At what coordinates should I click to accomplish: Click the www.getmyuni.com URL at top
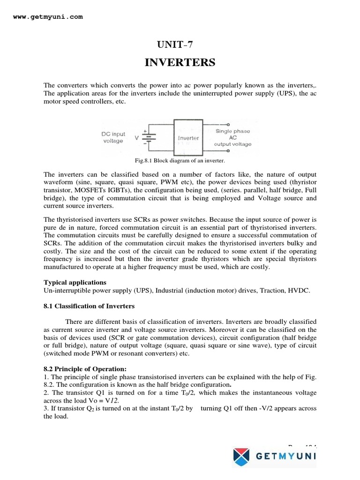point(48,17)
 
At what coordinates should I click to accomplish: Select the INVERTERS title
point(180,62)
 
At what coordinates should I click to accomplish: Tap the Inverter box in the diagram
point(188,138)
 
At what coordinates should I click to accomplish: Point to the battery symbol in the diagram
point(149,138)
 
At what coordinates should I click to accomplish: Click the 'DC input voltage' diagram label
point(113,137)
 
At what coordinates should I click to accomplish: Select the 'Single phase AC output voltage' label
point(232,138)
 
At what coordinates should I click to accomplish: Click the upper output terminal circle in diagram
point(228,124)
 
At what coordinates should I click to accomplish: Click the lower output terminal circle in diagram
point(228,151)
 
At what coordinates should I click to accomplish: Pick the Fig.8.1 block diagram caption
point(180,161)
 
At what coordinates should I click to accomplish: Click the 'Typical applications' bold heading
point(75,282)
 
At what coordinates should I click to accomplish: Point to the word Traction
point(268,291)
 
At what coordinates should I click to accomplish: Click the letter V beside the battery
point(137,138)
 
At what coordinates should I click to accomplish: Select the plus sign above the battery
point(145,131)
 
